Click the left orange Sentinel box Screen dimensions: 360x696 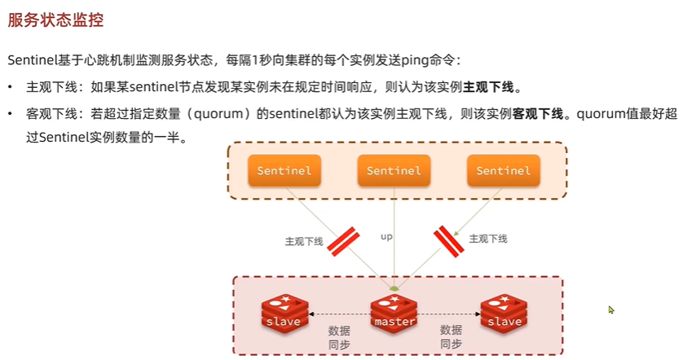(x=284, y=171)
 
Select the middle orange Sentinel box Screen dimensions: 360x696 (x=394, y=171)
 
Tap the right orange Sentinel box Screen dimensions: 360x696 (x=504, y=171)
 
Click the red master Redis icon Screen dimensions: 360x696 (x=394, y=314)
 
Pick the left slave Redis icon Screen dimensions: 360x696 (x=284, y=314)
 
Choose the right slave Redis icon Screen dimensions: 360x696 (x=504, y=314)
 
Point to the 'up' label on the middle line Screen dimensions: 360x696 (x=387, y=236)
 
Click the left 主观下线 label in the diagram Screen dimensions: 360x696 (x=304, y=241)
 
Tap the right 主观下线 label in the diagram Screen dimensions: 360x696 (x=488, y=239)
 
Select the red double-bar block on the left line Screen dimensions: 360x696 (x=343, y=240)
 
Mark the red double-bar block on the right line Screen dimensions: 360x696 (x=448, y=239)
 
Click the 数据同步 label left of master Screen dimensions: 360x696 (x=339, y=336)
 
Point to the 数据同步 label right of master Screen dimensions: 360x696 (x=451, y=336)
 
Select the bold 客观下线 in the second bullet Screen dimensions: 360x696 (x=538, y=113)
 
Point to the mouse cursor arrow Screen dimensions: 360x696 (x=610, y=310)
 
